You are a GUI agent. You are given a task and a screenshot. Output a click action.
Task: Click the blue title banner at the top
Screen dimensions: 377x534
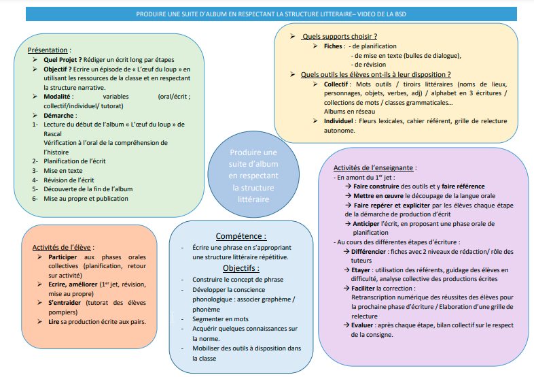(x=267, y=13)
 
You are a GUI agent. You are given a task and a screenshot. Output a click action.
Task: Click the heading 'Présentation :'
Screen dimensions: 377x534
(x=50, y=50)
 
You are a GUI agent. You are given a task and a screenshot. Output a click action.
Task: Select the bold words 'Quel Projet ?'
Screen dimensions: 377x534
(x=64, y=60)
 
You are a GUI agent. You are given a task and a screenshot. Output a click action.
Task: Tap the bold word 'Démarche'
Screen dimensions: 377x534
(x=60, y=115)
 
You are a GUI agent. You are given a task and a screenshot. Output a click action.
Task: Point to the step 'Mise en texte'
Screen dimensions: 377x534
(x=63, y=170)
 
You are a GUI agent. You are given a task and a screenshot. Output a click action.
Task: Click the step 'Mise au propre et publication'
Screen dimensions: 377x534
(x=86, y=199)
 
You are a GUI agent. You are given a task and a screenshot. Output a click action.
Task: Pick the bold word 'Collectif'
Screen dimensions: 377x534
(x=339, y=84)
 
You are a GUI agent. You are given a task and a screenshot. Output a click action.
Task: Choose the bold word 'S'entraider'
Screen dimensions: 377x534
(x=65, y=302)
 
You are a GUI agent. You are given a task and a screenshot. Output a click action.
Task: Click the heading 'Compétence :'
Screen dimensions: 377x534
(x=241, y=236)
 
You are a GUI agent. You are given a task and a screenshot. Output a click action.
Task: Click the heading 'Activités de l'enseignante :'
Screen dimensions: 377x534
(x=375, y=167)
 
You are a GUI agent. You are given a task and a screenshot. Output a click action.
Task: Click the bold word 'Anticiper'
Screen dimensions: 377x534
(x=371, y=223)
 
